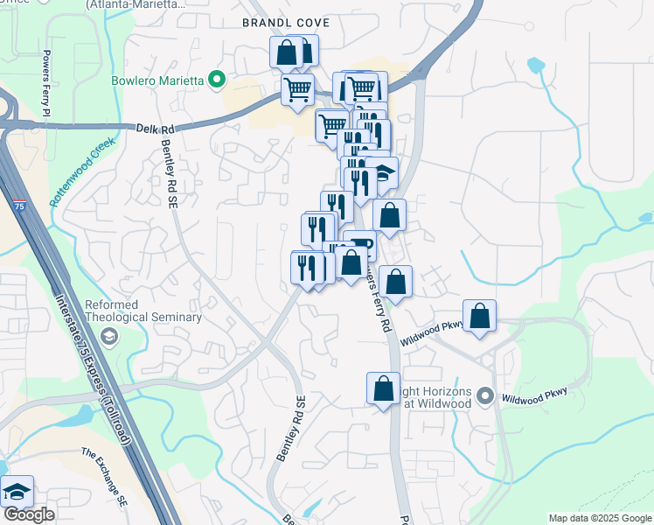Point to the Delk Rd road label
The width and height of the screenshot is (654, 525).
coord(156,128)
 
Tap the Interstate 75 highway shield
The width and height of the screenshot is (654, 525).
coord(20,206)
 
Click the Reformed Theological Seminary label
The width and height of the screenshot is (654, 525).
coord(143,311)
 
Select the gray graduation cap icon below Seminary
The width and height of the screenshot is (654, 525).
coord(108,336)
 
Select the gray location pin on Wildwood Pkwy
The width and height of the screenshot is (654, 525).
coord(487,396)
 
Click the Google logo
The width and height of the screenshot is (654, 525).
coord(29,514)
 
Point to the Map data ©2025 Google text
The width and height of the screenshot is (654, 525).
coord(599,518)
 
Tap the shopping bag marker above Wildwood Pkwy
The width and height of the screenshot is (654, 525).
coord(480,317)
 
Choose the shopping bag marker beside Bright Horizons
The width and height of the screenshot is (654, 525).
coord(383,389)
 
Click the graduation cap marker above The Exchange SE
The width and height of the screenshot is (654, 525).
coord(17,493)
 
